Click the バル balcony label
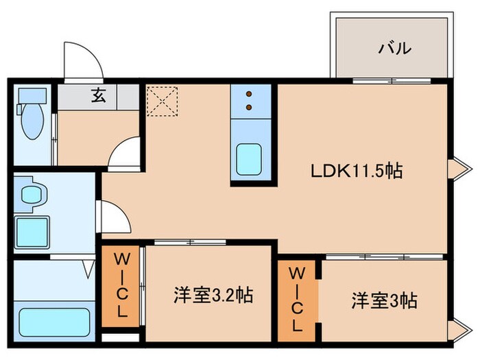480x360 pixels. coord(395,49)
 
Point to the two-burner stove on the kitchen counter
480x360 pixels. coord(248,101)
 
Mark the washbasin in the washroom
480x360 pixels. coord(30,194)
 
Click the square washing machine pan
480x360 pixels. coord(32,229)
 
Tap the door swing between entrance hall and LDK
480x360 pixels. coord(125,153)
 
